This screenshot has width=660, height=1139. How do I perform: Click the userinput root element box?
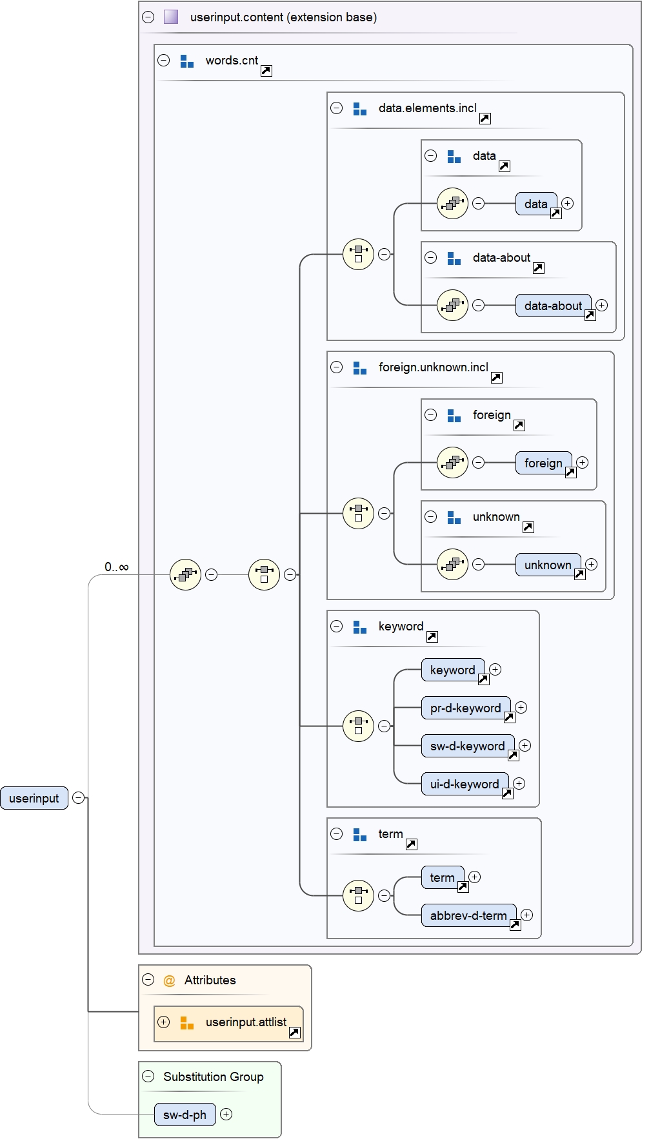[x=34, y=798]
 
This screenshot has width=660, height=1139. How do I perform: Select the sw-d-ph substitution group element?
[x=185, y=1115]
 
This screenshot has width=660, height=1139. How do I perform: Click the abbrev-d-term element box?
[x=468, y=915]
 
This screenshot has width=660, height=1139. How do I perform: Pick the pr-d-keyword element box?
[x=465, y=708]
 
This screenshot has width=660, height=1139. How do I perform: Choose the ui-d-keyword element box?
[x=465, y=784]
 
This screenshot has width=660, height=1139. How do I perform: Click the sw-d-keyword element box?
[x=467, y=746]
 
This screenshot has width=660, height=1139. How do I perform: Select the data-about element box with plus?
[x=553, y=306]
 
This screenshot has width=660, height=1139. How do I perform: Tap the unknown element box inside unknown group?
[x=547, y=565]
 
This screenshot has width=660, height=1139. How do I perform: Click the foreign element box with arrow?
[x=543, y=463]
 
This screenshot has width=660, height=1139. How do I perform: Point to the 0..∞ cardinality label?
[x=117, y=567]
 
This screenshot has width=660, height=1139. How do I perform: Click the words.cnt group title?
[x=232, y=61]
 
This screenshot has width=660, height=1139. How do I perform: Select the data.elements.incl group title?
[x=427, y=108]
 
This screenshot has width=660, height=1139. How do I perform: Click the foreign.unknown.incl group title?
[x=433, y=367]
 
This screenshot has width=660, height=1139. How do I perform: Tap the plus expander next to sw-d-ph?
[x=226, y=1115]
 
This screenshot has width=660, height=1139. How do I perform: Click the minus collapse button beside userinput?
[x=79, y=798]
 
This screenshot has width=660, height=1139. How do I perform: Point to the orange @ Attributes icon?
[x=170, y=980]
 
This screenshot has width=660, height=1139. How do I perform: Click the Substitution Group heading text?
[x=213, y=1076]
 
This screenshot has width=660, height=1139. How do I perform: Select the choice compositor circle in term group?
[x=358, y=895]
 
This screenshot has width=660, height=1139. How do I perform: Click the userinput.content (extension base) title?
[x=283, y=17]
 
